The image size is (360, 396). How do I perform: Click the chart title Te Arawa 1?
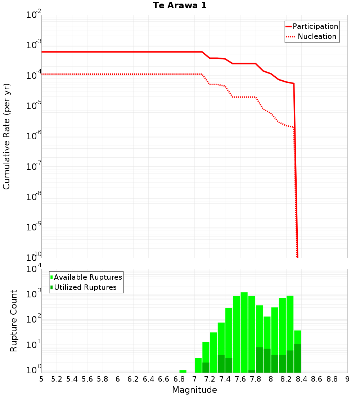coord(180,6)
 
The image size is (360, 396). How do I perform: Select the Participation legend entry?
coord(315,26)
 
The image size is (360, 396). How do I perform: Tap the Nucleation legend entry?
coord(317,36)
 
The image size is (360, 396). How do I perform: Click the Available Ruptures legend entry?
coord(88,277)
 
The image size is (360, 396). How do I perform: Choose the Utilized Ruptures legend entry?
coord(85,287)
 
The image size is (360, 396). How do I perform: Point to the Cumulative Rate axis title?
coord(7,136)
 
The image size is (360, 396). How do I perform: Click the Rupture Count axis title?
coord(14,321)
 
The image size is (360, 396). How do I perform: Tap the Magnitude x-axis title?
coord(194,390)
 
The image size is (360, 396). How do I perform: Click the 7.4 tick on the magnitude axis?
coord(225,379)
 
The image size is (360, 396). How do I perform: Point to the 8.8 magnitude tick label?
coord(332,379)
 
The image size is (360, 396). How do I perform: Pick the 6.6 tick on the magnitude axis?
coord(164,379)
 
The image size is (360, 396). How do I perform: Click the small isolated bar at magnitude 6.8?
coord(183,371)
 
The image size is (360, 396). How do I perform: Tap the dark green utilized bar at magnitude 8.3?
coord(297,358)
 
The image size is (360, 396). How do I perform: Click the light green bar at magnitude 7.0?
coord(198,365)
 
